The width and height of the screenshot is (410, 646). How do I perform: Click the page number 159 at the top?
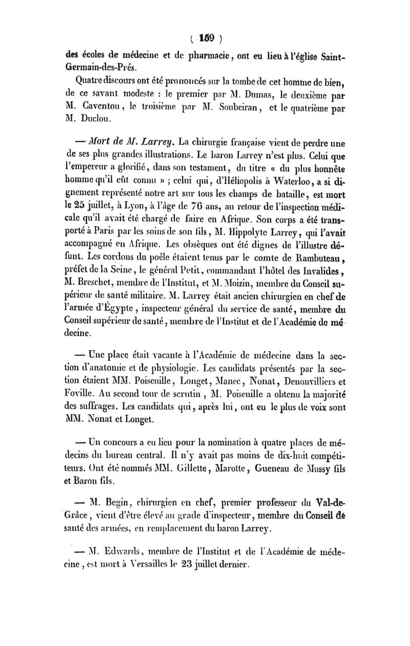pyautogui.click(x=207, y=38)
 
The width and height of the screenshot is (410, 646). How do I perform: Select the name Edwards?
pyautogui.click(x=122, y=553)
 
